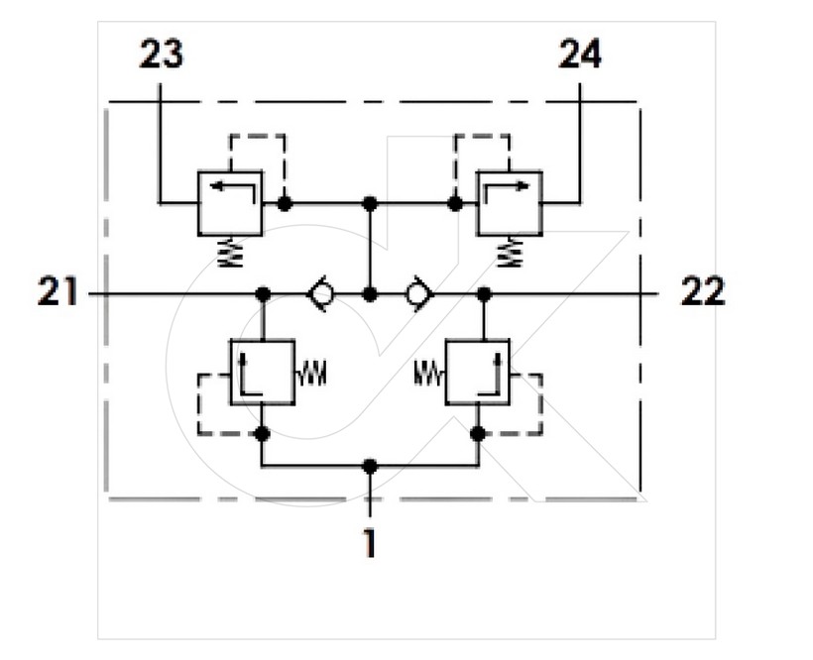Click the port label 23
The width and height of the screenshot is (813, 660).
(x=162, y=55)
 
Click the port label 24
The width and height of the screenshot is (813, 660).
(x=580, y=55)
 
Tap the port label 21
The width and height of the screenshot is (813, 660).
(x=58, y=291)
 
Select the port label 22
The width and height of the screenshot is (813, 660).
(x=703, y=291)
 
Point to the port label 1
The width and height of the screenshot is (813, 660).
(x=370, y=543)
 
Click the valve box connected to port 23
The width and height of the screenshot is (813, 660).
(x=230, y=203)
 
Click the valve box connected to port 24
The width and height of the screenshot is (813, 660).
(x=510, y=203)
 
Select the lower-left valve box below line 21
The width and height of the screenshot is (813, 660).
(x=263, y=372)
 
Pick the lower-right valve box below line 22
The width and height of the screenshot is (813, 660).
(x=478, y=372)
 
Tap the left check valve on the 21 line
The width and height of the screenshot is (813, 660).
(x=321, y=294)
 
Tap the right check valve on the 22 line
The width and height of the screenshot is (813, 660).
(x=419, y=294)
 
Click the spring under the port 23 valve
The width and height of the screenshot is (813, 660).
(x=231, y=253)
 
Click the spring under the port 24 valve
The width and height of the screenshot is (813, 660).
(x=511, y=253)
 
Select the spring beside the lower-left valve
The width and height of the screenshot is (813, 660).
(x=311, y=374)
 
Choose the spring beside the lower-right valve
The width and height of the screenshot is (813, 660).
(x=429, y=374)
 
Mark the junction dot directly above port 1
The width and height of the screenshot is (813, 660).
(x=370, y=466)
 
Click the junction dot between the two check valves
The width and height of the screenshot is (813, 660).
(x=370, y=294)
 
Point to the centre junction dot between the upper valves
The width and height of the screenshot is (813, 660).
(x=370, y=203)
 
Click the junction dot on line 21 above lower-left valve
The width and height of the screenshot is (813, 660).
(x=263, y=294)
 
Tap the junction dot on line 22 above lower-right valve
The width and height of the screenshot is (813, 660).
(x=484, y=294)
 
